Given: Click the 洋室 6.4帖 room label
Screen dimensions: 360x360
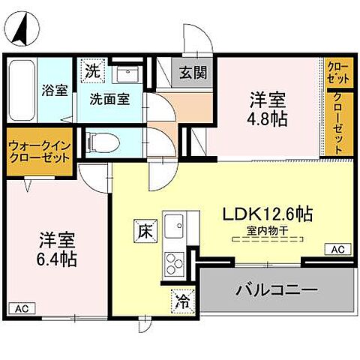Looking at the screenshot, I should pyautogui.click(x=58, y=251).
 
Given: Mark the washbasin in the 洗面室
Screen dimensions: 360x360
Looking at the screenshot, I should pyautogui.click(x=125, y=76).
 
